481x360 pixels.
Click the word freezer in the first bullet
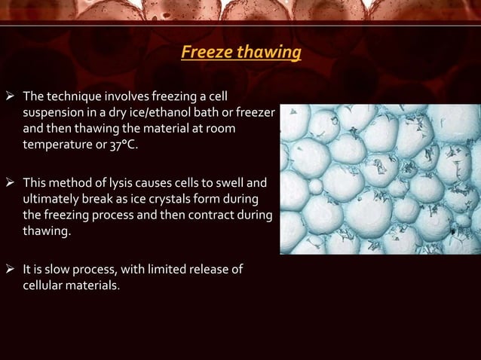[258, 113]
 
